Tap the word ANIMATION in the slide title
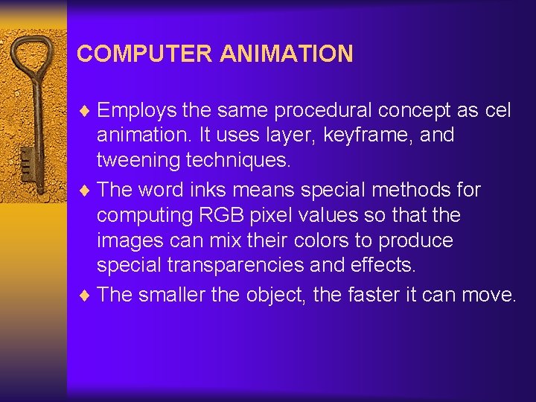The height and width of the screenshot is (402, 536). click(287, 54)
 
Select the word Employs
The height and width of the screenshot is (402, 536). click(137, 111)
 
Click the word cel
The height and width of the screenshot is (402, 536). click(497, 111)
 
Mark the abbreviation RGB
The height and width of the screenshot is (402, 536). click(216, 216)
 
